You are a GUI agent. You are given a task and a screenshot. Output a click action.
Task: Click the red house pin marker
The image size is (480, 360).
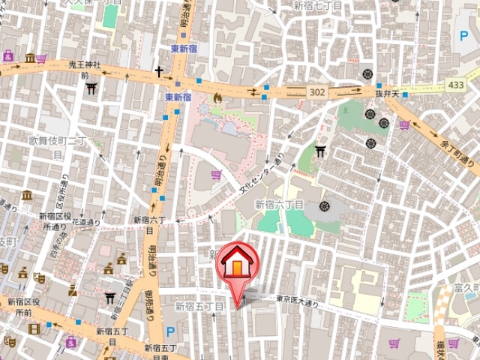(236, 266)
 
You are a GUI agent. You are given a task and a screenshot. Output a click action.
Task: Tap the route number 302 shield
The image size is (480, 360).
(316, 91)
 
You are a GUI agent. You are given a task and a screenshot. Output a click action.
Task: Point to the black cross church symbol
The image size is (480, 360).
(159, 72)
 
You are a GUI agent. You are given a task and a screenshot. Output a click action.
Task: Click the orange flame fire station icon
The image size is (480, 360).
(217, 97)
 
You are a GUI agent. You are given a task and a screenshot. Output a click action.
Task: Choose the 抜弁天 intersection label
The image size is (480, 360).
(390, 93)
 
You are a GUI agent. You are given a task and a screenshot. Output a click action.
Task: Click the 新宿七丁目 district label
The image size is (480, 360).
(318, 6)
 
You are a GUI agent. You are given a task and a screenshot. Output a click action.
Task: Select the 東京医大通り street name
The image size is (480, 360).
(297, 299)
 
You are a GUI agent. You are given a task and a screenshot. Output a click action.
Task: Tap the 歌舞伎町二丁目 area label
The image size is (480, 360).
(59, 145)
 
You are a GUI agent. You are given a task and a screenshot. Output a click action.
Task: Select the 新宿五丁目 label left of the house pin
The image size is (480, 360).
(199, 307)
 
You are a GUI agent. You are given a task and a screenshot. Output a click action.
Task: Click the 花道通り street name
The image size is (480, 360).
(88, 223)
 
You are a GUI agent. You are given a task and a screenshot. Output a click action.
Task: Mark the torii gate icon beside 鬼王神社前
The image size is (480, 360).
(91, 88)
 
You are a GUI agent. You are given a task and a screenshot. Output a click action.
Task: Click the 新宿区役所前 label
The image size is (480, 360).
(25, 307)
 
